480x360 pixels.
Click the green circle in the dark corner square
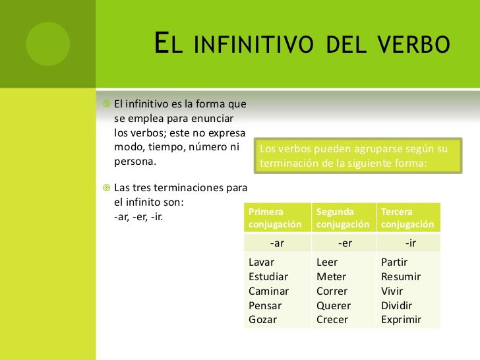click(47, 44)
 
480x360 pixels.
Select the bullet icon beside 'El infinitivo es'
click(107, 104)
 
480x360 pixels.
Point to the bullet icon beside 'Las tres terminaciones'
click(107, 187)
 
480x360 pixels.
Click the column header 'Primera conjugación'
click(278, 218)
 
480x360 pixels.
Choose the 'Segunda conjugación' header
click(344, 218)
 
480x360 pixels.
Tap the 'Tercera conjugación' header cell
click(408, 218)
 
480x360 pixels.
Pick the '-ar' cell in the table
click(278, 243)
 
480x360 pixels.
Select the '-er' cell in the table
click(344, 243)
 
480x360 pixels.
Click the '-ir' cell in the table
click(408, 243)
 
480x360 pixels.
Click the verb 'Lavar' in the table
click(261, 262)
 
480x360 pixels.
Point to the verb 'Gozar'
click(262, 320)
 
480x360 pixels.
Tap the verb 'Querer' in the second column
click(334, 305)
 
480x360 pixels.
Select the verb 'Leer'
click(327, 262)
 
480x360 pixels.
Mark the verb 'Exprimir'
click(401, 320)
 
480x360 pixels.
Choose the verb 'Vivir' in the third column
click(392, 291)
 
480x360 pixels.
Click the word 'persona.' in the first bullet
click(135, 162)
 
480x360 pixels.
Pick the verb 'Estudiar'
click(268, 277)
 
